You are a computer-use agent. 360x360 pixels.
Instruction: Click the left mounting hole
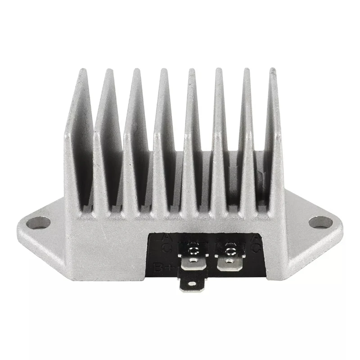click(x=38, y=223)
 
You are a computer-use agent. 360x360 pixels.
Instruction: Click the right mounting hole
click(x=320, y=222)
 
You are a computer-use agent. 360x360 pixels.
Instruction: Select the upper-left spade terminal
click(x=193, y=261)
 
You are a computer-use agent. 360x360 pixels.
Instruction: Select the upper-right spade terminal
click(x=229, y=261)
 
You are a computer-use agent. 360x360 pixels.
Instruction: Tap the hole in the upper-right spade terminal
click(x=229, y=261)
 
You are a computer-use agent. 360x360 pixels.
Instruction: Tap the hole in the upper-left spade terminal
click(x=193, y=260)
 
